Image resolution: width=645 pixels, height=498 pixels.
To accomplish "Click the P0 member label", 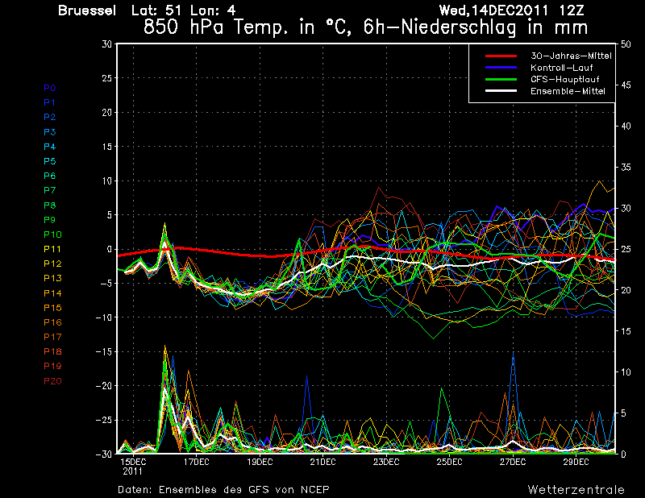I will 50,88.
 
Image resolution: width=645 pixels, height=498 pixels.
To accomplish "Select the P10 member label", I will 52,234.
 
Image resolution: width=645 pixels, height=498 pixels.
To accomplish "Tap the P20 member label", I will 52,381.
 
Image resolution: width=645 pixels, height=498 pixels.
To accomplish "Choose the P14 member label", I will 52,293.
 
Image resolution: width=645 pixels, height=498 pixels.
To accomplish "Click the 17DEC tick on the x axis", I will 196,463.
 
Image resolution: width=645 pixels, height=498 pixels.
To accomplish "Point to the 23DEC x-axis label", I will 386,463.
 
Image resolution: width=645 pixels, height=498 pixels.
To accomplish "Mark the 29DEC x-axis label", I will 576,463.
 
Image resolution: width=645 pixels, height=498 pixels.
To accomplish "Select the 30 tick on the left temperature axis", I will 106,44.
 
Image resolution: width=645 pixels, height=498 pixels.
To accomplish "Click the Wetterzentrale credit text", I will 576,489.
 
